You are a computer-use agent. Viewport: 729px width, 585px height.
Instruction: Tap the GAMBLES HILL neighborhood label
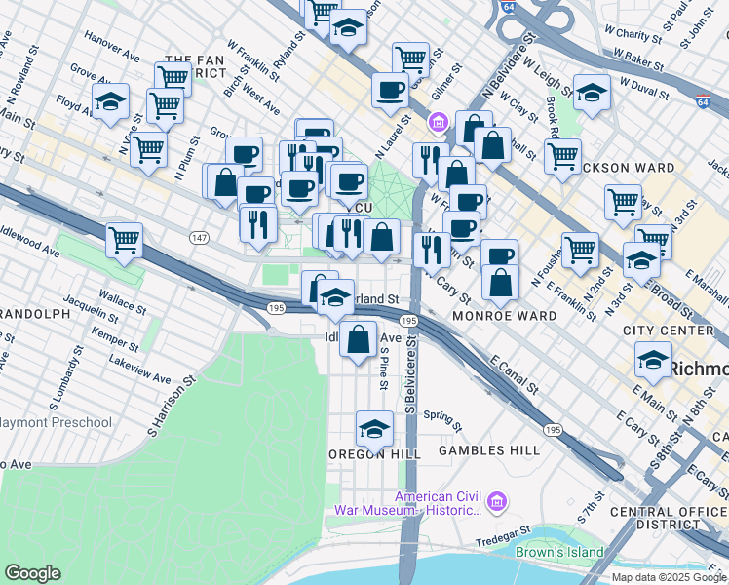(x=488, y=450)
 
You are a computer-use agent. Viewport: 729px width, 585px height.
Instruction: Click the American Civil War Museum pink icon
(x=497, y=503)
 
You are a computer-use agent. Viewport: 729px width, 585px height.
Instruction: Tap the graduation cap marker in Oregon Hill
(x=374, y=429)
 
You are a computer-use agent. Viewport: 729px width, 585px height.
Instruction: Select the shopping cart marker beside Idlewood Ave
(x=124, y=240)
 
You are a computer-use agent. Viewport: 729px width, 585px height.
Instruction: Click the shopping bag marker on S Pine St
(x=359, y=340)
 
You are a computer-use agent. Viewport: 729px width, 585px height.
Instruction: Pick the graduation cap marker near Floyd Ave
(x=111, y=101)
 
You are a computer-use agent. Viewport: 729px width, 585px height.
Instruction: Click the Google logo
(x=32, y=572)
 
